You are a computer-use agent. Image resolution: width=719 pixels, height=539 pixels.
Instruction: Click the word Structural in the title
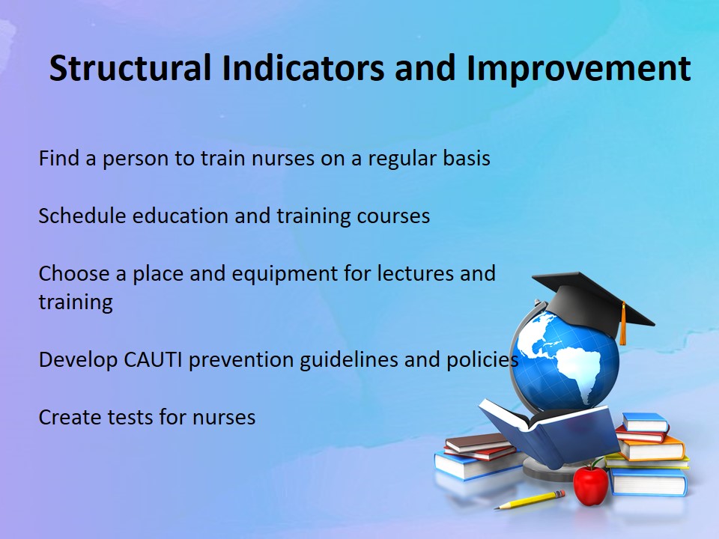[130, 68]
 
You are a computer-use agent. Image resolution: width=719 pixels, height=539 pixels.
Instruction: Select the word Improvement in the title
[579, 68]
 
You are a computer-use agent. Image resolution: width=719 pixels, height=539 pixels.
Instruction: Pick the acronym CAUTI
[153, 359]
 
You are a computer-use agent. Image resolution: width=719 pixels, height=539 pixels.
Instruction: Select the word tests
[130, 418]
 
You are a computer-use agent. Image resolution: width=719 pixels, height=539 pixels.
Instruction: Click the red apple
[591, 484]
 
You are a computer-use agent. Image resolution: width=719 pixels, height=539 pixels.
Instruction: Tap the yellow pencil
[530, 499]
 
